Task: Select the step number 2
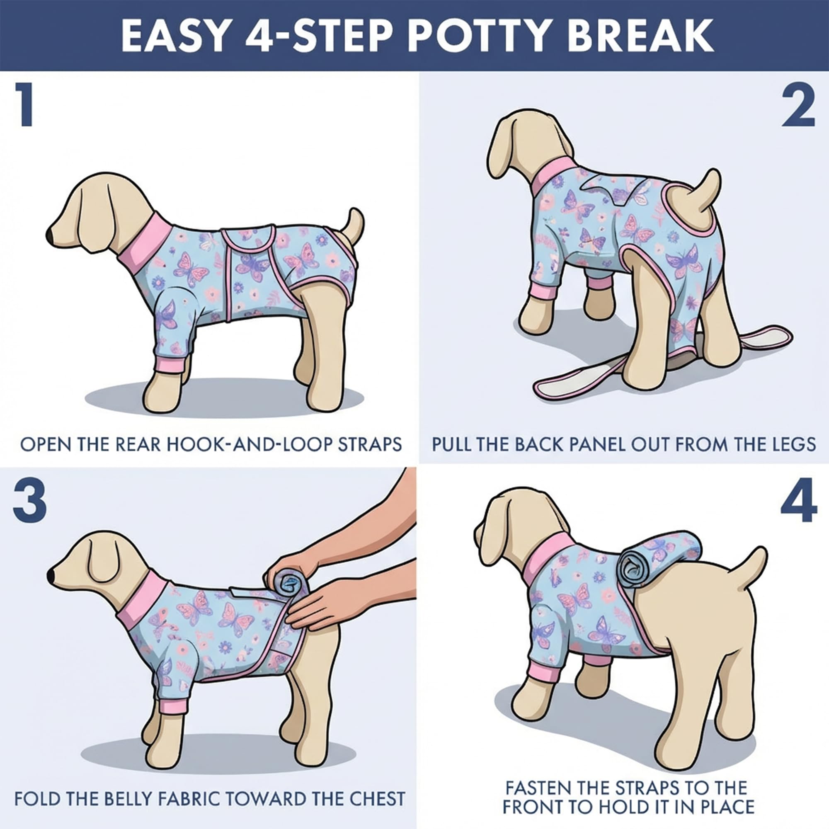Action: click(798, 105)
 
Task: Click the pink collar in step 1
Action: click(144, 240)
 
